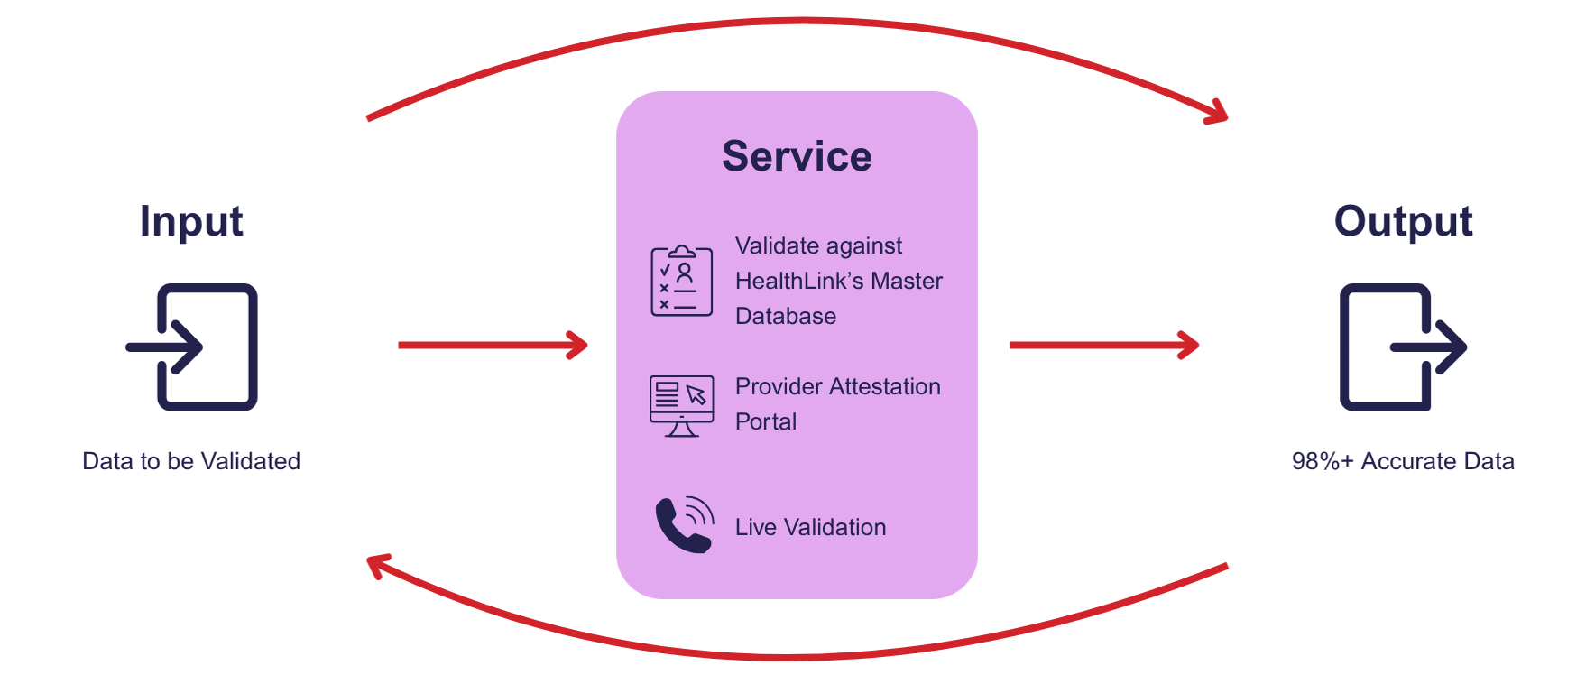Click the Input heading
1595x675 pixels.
click(191, 222)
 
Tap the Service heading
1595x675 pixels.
click(797, 156)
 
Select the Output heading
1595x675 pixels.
click(1403, 222)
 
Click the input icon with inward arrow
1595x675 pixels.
click(192, 347)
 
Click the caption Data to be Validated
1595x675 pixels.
click(191, 461)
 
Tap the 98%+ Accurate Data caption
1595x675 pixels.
click(1403, 461)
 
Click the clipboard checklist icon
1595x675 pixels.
click(682, 281)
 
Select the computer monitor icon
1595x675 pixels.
click(682, 405)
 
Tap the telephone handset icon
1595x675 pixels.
click(683, 524)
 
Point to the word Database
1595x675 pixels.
click(786, 316)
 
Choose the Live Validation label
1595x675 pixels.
click(810, 527)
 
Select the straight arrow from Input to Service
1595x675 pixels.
click(493, 345)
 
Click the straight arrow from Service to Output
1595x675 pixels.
click(1103, 345)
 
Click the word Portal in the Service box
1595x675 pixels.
click(766, 421)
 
